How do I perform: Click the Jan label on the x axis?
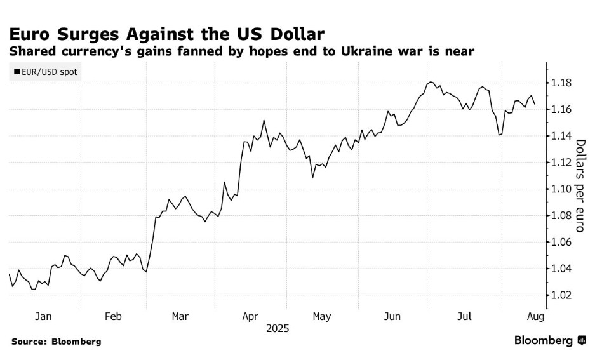click(43, 316)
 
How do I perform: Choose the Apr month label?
click(250, 316)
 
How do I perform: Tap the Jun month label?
click(392, 316)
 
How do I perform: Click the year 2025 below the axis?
click(278, 328)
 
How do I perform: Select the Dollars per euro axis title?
click(581, 185)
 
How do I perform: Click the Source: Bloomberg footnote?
click(57, 342)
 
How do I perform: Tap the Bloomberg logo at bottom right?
click(550, 341)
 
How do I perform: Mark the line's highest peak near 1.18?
click(431, 82)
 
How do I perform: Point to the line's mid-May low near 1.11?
click(312, 177)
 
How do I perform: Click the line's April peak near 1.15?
click(264, 120)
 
